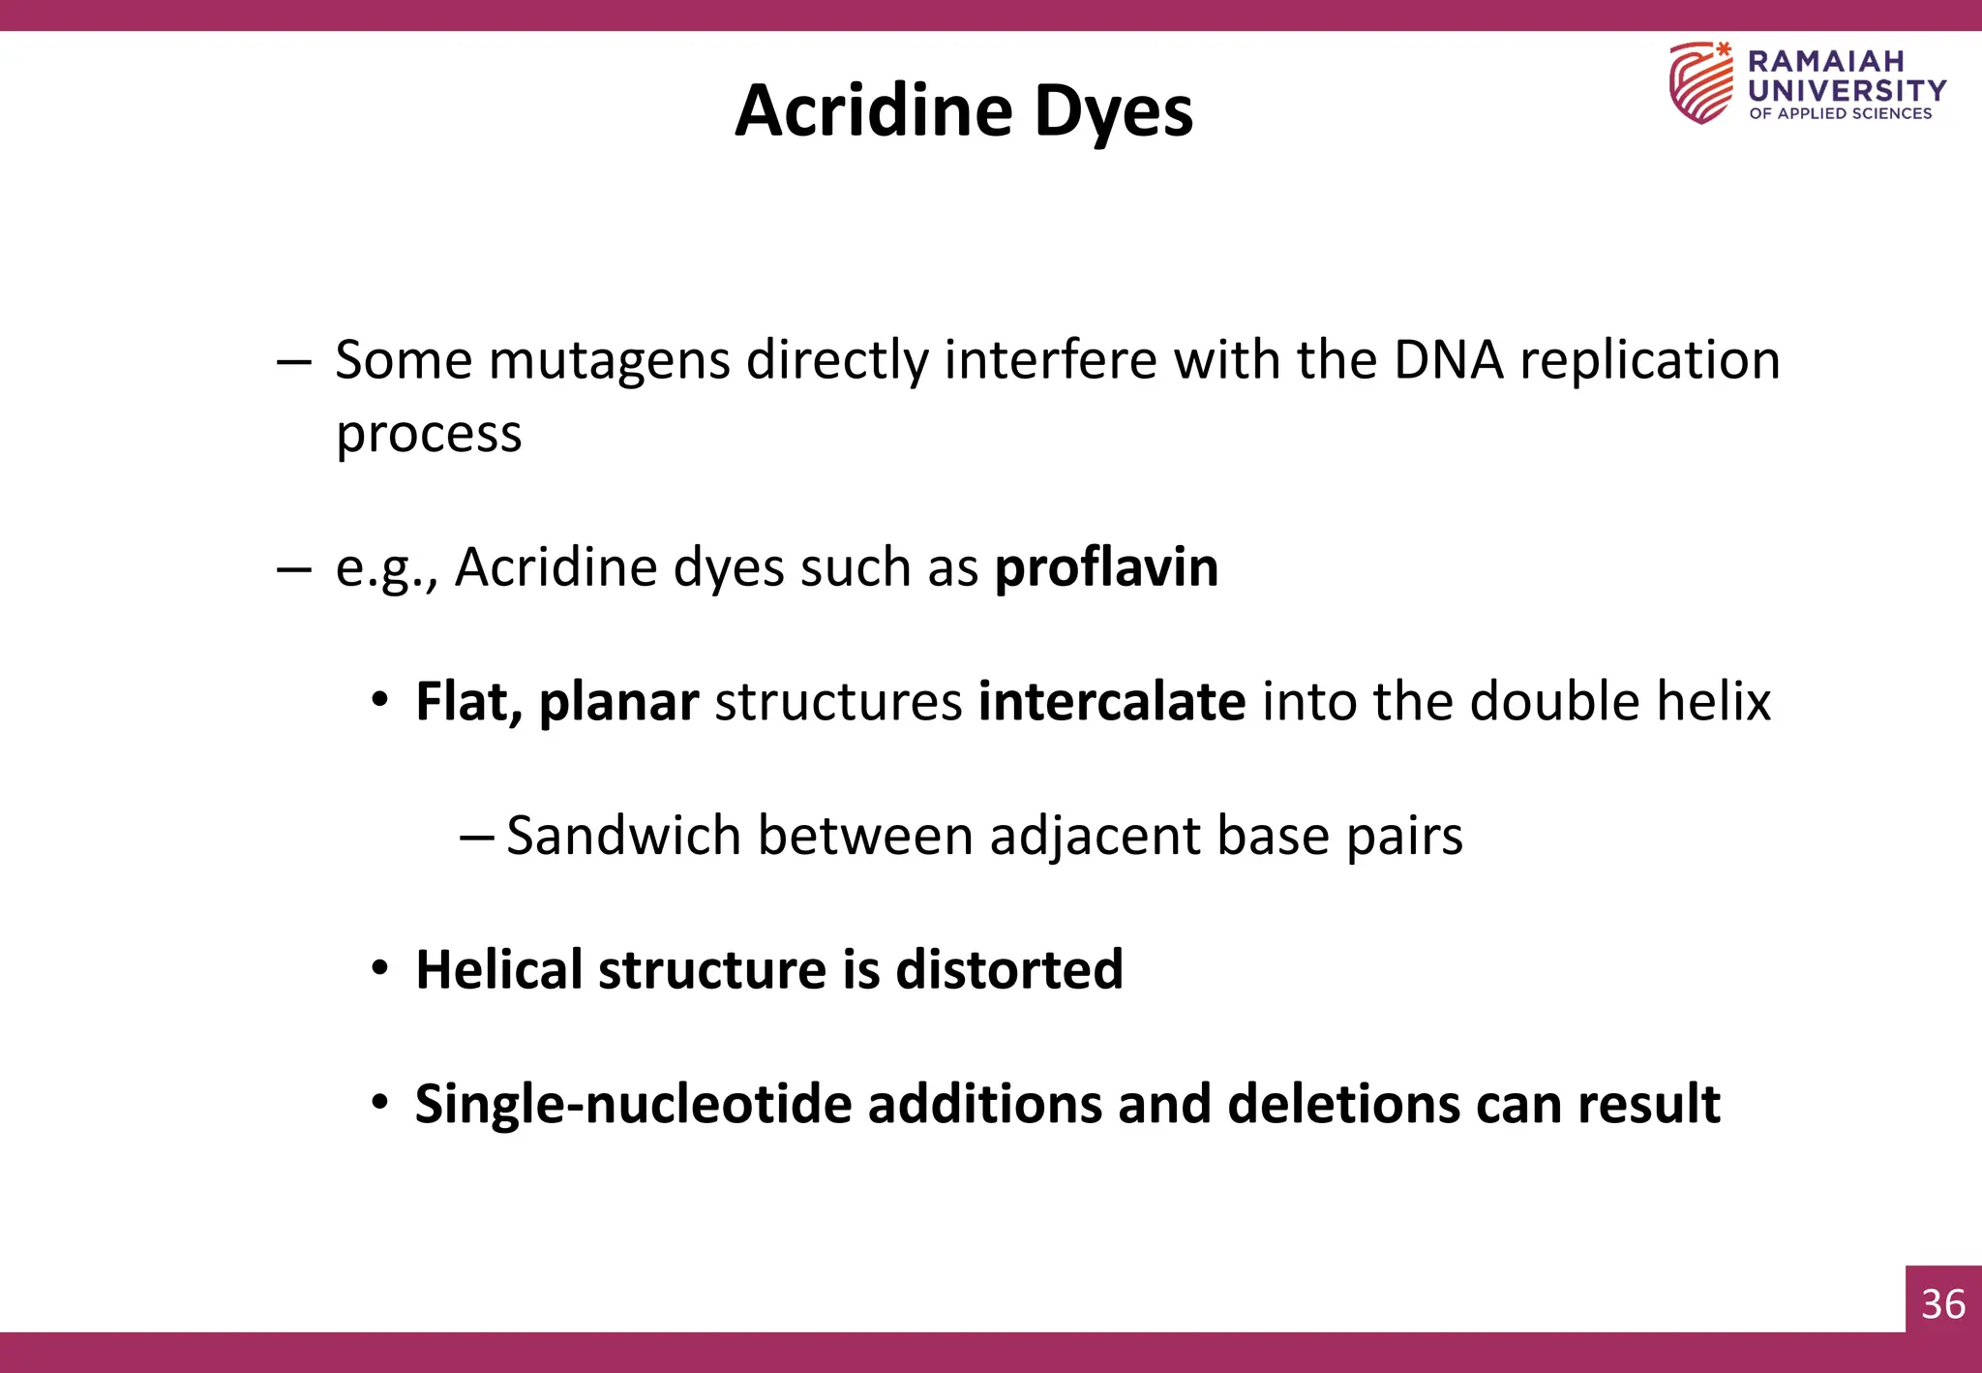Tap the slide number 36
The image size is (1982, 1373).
click(1943, 1304)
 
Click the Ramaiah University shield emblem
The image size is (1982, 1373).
click(1700, 82)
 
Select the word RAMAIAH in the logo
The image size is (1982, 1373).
click(1825, 62)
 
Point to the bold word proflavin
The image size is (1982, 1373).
click(1106, 567)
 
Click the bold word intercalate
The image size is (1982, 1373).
click(1112, 701)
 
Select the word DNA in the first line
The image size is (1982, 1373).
click(1449, 360)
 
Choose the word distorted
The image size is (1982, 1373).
click(1009, 969)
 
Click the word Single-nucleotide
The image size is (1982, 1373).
click(633, 1104)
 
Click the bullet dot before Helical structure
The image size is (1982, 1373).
click(380, 968)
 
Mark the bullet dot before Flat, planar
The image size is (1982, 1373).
click(380, 700)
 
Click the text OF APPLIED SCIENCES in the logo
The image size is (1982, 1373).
click(1840, 113)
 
